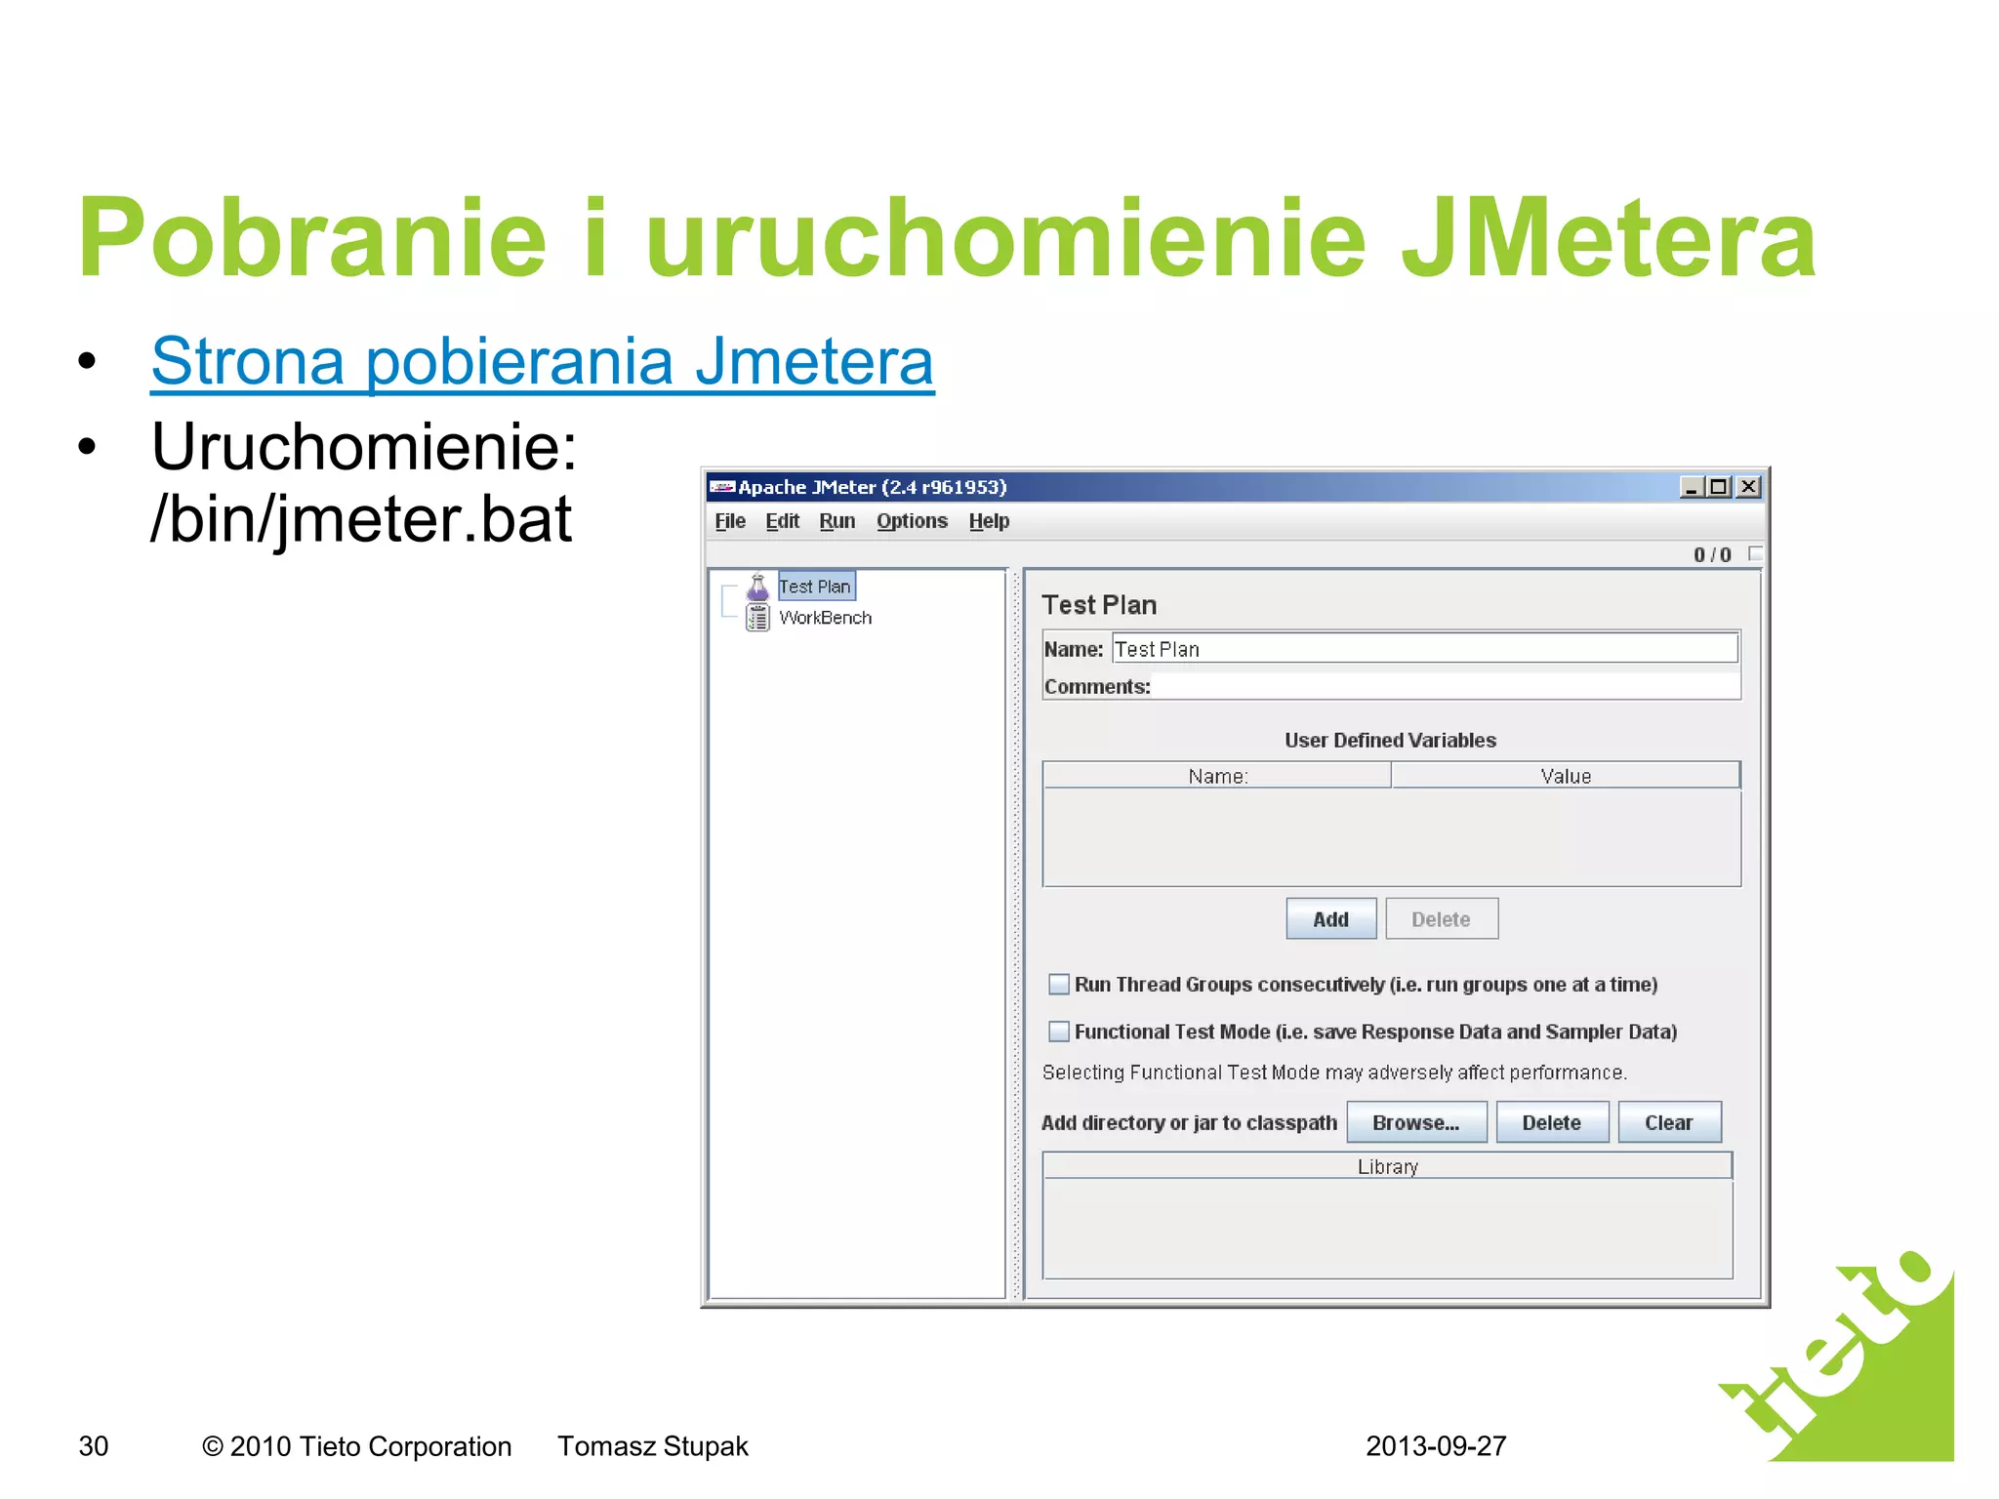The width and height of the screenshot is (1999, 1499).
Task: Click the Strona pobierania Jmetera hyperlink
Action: coord(542,362)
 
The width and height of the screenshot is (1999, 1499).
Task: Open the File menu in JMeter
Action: coord(729,521)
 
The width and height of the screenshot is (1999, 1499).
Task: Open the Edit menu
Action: coord(782,521)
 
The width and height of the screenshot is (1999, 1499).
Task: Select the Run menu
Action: coord(836,521)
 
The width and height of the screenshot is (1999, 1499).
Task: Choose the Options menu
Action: coord(912,521)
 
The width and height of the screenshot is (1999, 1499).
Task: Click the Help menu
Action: coord(989,521)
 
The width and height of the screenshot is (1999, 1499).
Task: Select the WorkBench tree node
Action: coord(825,618)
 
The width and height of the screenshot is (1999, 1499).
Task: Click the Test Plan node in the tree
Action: coord(815,587)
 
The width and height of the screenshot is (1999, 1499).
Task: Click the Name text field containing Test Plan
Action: coord(1424,649)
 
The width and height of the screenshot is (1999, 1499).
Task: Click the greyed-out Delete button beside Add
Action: coord(1441,919)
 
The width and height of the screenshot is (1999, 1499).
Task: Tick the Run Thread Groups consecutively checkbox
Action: coord(1059,984)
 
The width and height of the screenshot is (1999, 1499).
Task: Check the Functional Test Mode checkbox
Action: coord(1059,1032)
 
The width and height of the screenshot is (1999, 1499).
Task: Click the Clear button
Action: coord(1668,1122)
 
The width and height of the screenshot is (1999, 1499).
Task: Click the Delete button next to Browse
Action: coord(1551,1122)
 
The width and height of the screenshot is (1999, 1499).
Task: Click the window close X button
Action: coord(1749,486)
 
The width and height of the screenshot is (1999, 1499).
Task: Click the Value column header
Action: coord(1566,776)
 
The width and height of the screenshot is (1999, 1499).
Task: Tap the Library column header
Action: coord(1387,1166)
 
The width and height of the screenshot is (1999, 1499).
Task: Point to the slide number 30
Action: coord(94,1445)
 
